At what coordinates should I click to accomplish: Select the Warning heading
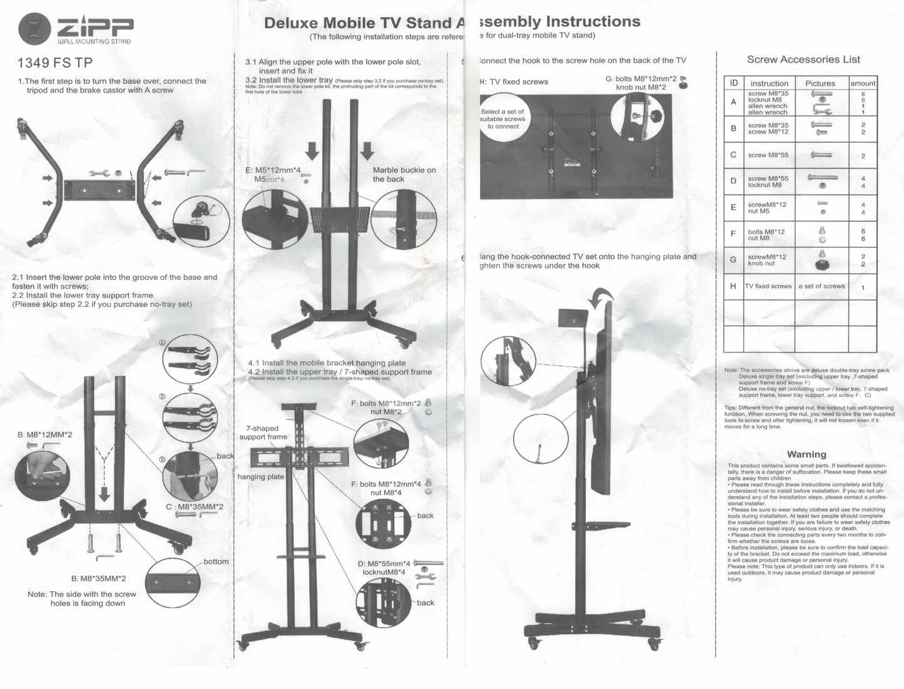[806, 454]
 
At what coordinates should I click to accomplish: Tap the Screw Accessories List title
[803, 59]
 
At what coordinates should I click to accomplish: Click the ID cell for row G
[733, 259]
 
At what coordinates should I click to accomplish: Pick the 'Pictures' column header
[820, 83]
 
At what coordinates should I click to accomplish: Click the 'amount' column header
[863, 83]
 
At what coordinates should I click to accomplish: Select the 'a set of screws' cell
[821, 286]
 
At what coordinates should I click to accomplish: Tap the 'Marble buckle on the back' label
[404, 175]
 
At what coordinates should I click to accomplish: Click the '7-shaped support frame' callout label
[263, 432]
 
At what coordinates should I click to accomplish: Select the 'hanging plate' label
[261, 477]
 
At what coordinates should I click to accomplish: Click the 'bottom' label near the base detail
[216, 561]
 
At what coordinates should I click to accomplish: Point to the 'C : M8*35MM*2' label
[194, 507]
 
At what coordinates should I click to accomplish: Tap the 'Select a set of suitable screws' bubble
[503, 119]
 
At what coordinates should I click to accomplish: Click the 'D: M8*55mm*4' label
[384, 563]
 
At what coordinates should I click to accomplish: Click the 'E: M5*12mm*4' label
[273, 170]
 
